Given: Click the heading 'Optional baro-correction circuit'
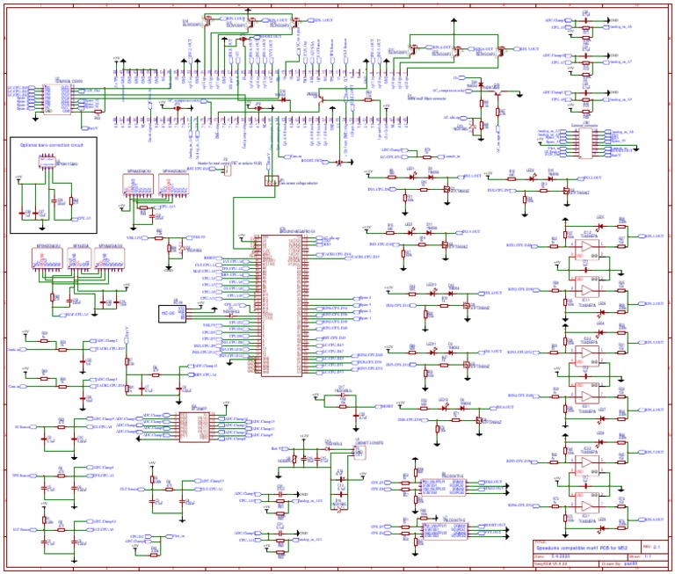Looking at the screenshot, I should tap(46, 144).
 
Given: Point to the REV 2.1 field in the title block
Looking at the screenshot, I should tap(656, 547).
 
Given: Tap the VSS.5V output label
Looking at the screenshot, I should tap(198, 237).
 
